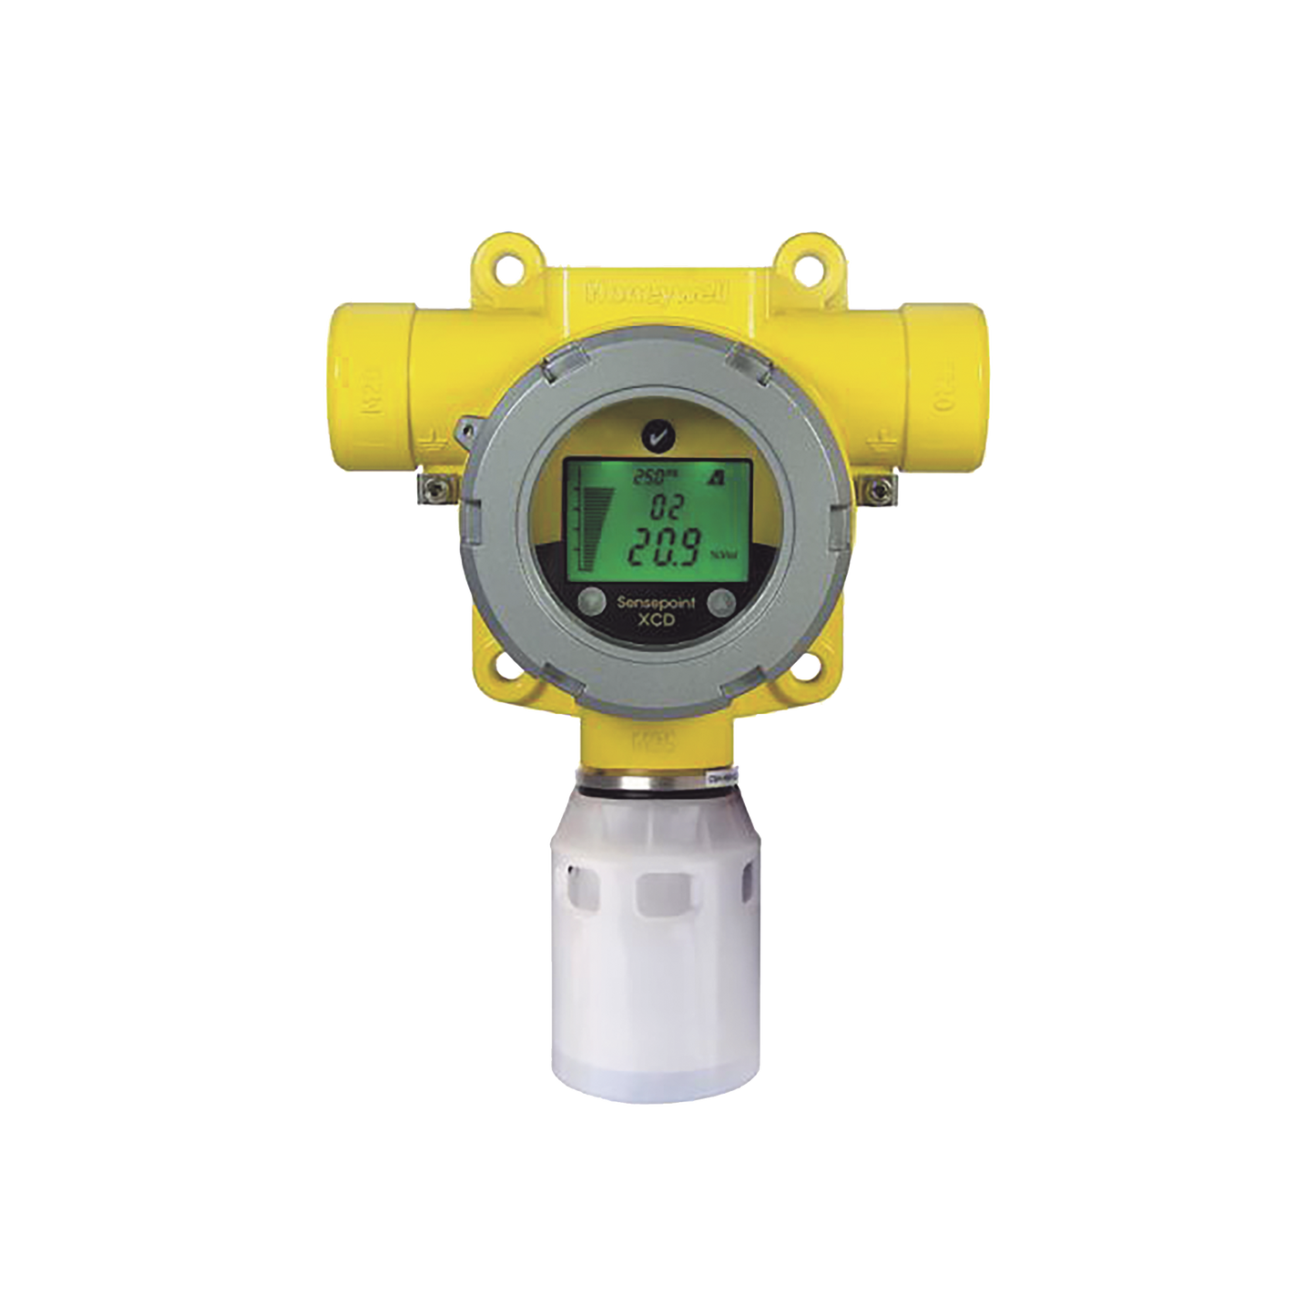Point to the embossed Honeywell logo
point(656,293)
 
